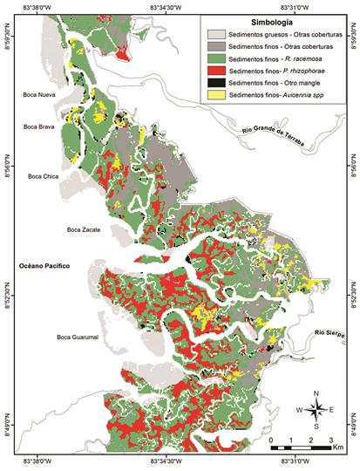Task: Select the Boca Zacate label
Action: pyautogui.click(x=84, y=229)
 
